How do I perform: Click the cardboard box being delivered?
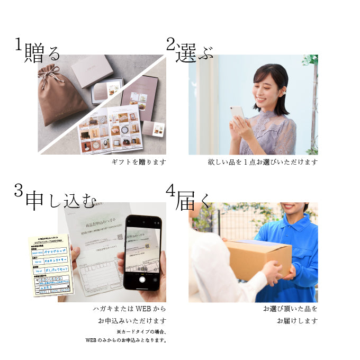[x=258, y=259]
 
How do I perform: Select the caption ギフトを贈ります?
[x=139, y=162]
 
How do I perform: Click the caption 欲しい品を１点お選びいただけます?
[x=263, y=162]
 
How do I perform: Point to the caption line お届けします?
[x=297, y=320]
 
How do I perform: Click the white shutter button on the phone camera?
[x=142, y=278]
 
